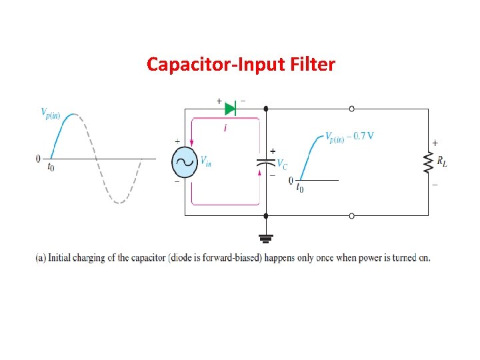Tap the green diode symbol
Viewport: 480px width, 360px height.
(231, 108)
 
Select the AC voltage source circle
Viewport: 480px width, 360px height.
(185, 161)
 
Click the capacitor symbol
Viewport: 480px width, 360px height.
(266, 162)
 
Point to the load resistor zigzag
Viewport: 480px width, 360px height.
(428, 162)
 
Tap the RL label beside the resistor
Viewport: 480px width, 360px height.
(442, 162)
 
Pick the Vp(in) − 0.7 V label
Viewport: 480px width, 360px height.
(349, 136)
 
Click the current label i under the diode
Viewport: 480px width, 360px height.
(225, 127)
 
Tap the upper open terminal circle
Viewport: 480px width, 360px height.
(351, 108)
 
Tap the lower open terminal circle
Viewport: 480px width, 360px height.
(351, 215)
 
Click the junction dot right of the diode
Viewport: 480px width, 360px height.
(266, 108)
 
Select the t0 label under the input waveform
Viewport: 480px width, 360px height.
(51, 167)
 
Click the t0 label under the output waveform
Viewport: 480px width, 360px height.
(301, 189)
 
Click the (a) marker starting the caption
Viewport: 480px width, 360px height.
(40, 258)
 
